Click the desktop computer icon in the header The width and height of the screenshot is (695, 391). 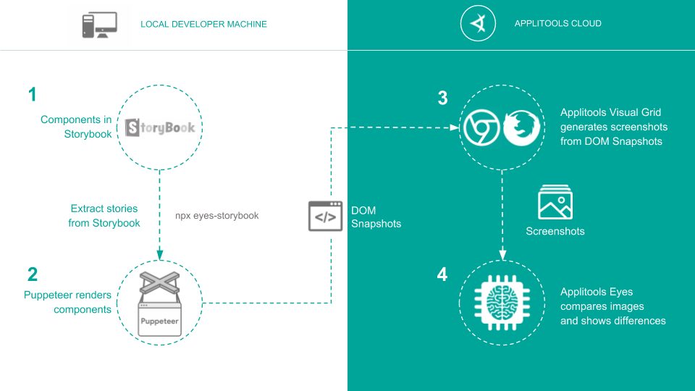[x=99, y=25]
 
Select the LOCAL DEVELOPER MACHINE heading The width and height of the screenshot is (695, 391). [x=203, y=25]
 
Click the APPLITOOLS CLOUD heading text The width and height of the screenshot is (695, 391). [x=557, y=24]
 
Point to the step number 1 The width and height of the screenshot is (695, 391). [x=32, y=94]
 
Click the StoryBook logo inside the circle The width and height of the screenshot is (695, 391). [x=160, y=127]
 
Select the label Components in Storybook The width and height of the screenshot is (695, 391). [x=76, y=127]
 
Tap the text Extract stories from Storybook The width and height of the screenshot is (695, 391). [x=104, y=216]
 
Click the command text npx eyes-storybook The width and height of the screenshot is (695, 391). [x=217, y=216]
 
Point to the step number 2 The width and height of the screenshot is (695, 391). [x=32, y=274]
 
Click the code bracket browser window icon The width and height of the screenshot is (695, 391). [x=325, y=216]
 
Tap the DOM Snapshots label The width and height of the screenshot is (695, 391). [x=376, y=216]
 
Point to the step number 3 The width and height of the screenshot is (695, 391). [x=442, y=99]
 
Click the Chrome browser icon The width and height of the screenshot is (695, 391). [x=479, y=128]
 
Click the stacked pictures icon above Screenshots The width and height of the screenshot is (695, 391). [x=555, y=202]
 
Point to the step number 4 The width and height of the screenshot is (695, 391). [x=442, y=275]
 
